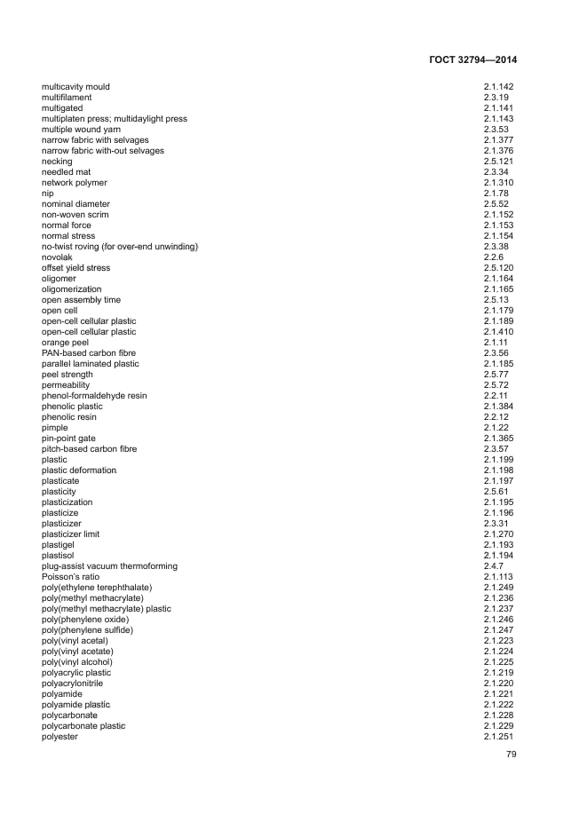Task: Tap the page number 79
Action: [x=511, y=755]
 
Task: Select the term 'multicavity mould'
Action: [x=75, y=87]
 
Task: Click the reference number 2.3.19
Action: [x=496, y=98]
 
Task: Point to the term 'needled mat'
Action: [x=63, y=172]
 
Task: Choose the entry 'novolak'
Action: [x=57, y=257]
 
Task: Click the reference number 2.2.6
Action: [x=493, y=257]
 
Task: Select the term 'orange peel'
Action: [x=65, y=343]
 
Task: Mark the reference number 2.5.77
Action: [x=496, y=375]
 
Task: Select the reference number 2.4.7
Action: [x=493, y=566]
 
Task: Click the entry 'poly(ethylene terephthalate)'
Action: [x=97, y=588]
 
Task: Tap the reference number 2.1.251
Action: [x=498, y=737]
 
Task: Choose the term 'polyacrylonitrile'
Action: [x=72, y=684]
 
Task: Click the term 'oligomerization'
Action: [x=71, y=289]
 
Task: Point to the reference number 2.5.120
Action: [x=498, y=268]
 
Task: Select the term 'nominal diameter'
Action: [x=75, y=204]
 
